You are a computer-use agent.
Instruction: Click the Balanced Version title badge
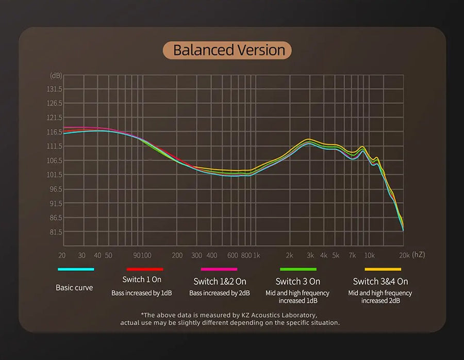pos(227,51)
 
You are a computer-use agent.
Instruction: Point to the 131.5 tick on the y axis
pos(54,89)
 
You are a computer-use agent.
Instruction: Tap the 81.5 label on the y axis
pos(55,232)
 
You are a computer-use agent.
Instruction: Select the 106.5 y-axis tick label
pos(54,160)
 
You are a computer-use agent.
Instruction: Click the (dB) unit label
pos(56,75)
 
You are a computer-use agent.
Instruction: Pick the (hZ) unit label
pos(418,255)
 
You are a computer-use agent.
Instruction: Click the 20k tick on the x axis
pos(404,255)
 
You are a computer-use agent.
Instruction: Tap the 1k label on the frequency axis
pos(257,255)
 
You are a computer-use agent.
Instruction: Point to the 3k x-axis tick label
pos(310,255)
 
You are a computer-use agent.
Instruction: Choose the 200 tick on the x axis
pos(177,255)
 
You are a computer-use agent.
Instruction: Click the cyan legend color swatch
pos(76,269)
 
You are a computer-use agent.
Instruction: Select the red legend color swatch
pos(145,269)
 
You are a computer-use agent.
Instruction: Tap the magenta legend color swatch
pos(219,269)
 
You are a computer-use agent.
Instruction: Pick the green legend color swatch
pos(298,269)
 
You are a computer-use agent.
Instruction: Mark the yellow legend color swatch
pos(383,269)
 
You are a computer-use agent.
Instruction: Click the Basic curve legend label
pos(74,288)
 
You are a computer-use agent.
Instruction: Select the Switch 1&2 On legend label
pos(220,282)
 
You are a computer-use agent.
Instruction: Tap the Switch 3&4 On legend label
pos(380,282)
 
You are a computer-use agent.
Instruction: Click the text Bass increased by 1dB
pos(142,293)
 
